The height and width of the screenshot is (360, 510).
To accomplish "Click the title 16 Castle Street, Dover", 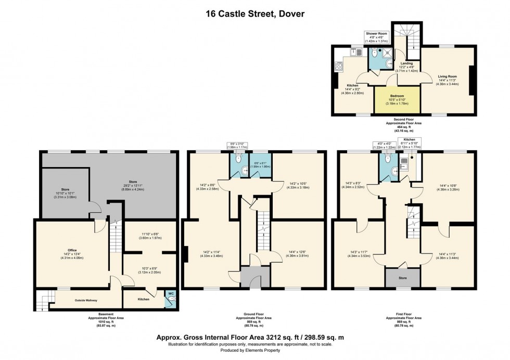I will (x=254, y=14).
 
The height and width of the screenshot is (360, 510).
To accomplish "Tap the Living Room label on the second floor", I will (x=447, y=76).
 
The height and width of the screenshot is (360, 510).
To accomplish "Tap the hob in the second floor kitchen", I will (x=338, y=66).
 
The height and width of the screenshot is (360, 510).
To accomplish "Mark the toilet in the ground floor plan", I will (x=238, y=161).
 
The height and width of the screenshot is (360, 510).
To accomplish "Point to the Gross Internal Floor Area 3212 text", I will (x=254, y=337).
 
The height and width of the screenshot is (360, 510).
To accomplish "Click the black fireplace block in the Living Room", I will (x=471, y=80).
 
